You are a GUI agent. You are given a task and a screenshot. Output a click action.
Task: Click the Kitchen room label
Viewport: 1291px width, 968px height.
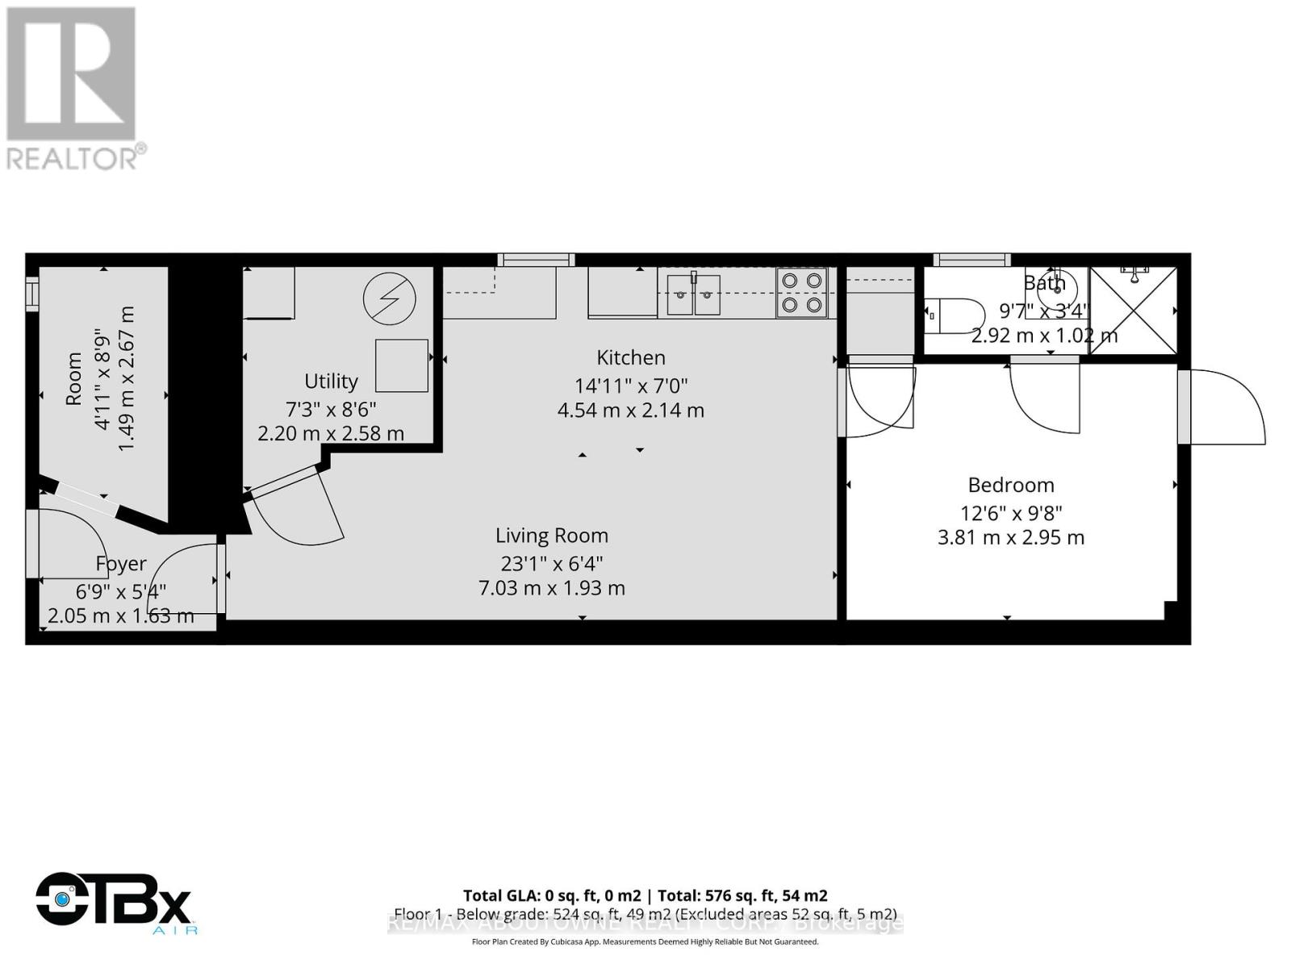(631, 357)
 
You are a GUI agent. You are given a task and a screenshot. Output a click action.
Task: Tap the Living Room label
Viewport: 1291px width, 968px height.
(552, 536)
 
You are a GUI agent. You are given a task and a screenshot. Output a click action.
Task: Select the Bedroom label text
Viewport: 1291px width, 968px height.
(1011, 485)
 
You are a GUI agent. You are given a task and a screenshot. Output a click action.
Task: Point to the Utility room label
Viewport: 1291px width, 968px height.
(331, 381)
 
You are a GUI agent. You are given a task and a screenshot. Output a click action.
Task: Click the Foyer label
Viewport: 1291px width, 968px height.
(121, 564)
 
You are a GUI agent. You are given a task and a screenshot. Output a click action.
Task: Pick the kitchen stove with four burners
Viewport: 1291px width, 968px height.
(802, 292)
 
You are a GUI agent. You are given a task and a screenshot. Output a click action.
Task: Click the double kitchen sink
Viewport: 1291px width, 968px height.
(694, 294)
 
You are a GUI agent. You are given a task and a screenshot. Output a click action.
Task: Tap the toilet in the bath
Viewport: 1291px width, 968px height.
(954, 315)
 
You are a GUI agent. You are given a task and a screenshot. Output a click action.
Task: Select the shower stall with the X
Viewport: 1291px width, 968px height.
(1133, 311)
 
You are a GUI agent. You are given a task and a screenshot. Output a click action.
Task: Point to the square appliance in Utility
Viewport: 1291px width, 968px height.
(402, 365)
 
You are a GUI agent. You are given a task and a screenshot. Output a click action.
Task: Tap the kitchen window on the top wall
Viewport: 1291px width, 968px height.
(536, 260)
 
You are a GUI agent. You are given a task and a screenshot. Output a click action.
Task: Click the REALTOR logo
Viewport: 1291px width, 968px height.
(74, 87)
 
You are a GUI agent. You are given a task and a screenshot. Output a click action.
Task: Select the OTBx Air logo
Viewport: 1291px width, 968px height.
(115, 902)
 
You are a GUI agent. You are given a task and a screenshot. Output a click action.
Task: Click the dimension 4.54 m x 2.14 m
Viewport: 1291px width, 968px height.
(631, 411)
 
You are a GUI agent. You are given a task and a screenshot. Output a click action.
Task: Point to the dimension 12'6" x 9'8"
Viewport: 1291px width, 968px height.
(1011, 513)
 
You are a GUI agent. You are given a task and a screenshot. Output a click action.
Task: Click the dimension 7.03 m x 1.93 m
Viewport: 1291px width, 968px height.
(552, 588)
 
